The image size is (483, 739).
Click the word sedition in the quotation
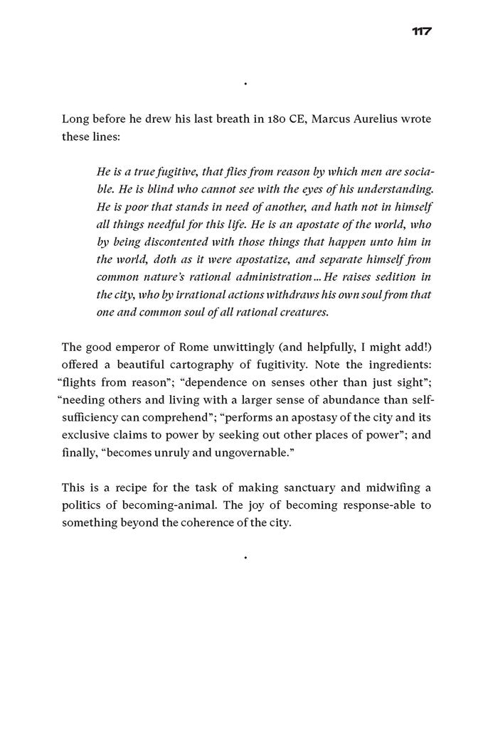400,276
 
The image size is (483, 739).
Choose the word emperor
140,347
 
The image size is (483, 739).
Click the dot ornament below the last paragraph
245,559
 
